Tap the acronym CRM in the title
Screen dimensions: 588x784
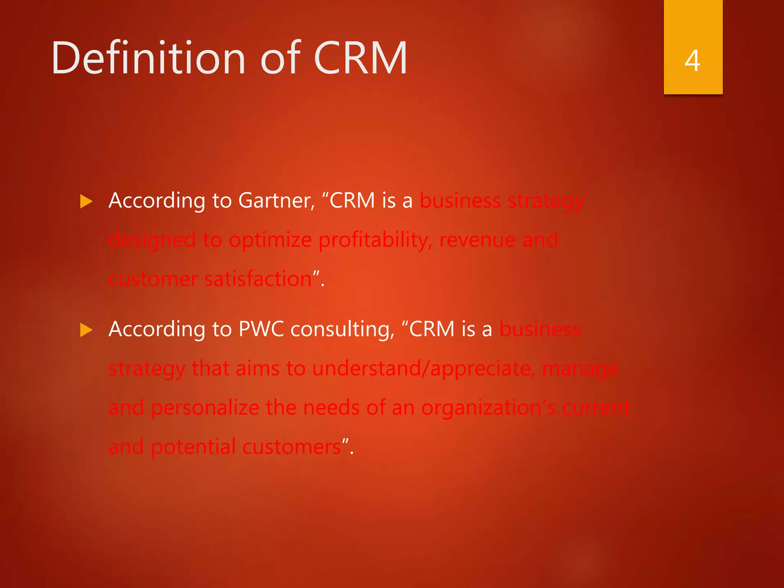click(x=360, y=58)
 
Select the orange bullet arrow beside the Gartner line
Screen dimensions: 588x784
click(x=87, y=201)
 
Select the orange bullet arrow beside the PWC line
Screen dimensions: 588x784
click(x=87, y=330)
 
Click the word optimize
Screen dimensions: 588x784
click(x=270, y=240)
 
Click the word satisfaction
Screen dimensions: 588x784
click(x=258, y=279)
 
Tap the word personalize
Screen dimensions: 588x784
click(x=205, y=408)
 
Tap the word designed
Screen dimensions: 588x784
click(x=152, y=240)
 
